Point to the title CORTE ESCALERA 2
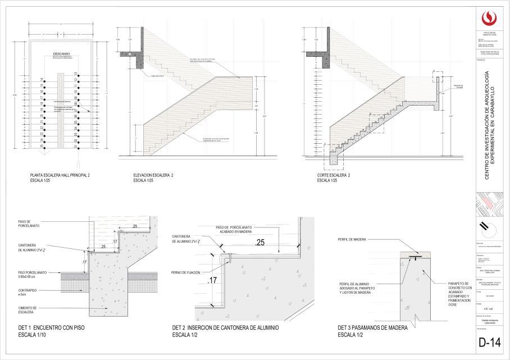pyautogui.click(x=334, y=176)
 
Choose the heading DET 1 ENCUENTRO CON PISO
pyautogui.click(x=52, y=326)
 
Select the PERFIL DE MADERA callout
pyautogui.click(x=352, y=239)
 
